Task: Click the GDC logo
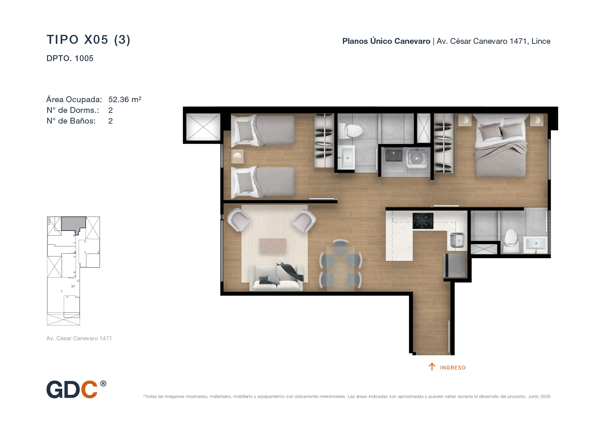pyautogui.click(x=76, y=389)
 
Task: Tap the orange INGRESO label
pyautogui.click(x=453, y=368)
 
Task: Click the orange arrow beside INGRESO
pyautogui.click(x=432, y=367)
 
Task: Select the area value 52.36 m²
pyautogui.click(x=125, y=99)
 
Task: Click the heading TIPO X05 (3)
pyautogui.click(x=88, y=40)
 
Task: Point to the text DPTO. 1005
pyautogui.click(x=70, y=58)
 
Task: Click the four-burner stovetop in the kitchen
pyautogui.click(x=423, y=221)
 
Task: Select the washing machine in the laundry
pyautogui.click(x=417, y=158)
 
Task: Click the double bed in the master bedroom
pyautogui.click(x=501, y=145)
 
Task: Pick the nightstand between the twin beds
pyautogui.click(x=237, y=156)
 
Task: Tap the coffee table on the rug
pyautogui.click(x=273, y=245)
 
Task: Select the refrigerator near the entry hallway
pyautogui.click(x=455, y=265)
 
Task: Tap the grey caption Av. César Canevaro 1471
pyautogui.click(x=79, y=339)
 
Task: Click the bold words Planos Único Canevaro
pyautogui.click(x=386, y=41)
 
